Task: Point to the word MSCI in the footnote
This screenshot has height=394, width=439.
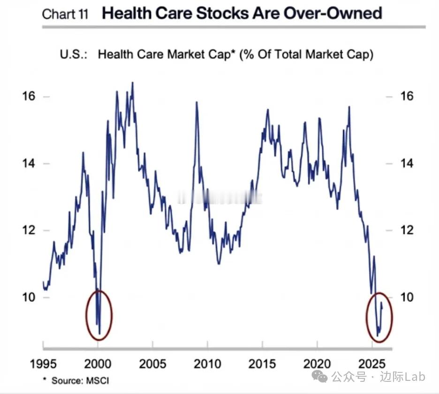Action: click(x=100, y=379)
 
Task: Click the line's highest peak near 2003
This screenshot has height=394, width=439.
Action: click(x=132, y=83)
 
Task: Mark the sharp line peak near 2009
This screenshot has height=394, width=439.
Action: click(x=196, y=102)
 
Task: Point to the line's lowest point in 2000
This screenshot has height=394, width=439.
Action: click(x=99, y=334)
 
